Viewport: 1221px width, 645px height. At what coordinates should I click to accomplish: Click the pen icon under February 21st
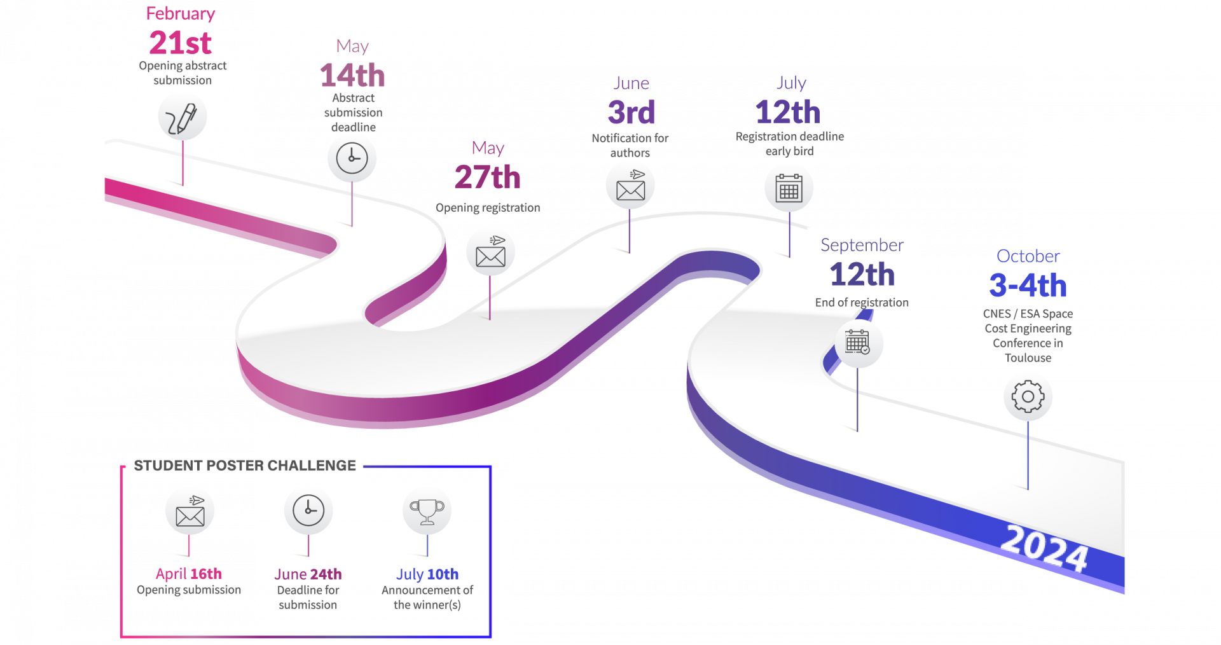tap(183, 116)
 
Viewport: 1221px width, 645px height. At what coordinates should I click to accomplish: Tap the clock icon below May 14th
tap(352, 158)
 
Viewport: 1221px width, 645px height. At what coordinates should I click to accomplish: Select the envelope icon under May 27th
tap(490, 253)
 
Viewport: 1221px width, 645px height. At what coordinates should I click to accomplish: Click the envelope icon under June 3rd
tap(630, 186)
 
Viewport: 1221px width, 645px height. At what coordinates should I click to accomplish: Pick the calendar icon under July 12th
tap(789, 188)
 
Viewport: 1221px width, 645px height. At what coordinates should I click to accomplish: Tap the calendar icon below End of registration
tap(857, 343)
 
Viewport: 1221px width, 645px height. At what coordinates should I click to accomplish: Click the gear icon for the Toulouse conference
tap(1028, 397)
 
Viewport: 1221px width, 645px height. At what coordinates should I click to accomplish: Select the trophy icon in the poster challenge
tap(427, 512)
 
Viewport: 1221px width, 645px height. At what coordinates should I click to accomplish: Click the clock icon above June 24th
tap(308, 510)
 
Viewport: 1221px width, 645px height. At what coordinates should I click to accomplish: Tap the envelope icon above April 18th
tap(190, 513)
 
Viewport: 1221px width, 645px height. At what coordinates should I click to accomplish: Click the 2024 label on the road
tap(1045, 549)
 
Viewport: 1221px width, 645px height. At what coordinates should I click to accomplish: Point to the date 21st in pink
tap(181, 43)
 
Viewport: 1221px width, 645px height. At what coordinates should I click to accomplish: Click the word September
tap(862, 246)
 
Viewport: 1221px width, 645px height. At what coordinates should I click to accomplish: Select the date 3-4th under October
tap(1028, 285)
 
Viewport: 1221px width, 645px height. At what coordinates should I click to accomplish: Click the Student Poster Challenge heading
tap(245, 466)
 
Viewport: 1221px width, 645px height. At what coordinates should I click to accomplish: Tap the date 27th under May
tap(488, 177)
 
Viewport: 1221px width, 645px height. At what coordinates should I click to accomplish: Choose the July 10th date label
tap(427, 574)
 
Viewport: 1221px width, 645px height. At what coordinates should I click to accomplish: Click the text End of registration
tap(862, 303)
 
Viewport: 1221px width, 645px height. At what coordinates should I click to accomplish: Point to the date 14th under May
tap(353, 75)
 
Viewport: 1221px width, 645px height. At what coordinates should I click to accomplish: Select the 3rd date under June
tap(631, 112)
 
